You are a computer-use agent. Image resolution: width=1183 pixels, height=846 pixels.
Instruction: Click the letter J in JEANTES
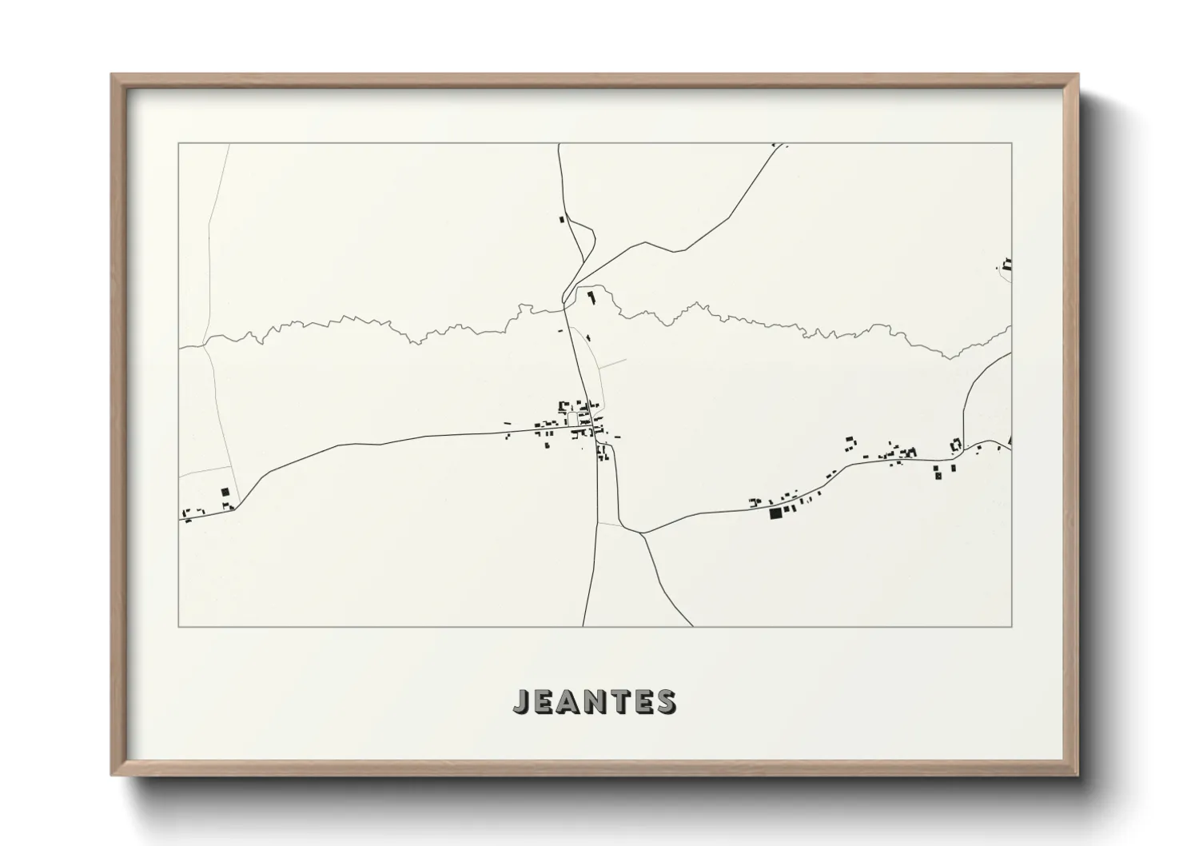[x=521, y=701]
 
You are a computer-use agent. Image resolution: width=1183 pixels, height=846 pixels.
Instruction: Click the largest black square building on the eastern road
[x=774, y=513]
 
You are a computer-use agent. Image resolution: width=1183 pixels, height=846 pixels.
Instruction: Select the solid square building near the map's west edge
[x=225, y=493]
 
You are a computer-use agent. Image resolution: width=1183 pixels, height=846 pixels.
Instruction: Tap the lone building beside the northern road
[x=561, y=218]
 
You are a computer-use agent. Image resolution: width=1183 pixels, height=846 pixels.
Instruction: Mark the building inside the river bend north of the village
[x=591, y=298]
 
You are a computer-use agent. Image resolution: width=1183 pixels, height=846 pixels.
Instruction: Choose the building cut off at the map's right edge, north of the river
[x=1007, y=263]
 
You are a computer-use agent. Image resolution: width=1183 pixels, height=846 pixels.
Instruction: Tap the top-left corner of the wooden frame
[x=113, y=75]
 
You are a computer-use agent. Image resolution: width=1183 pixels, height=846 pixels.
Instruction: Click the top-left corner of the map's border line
[x=178, y=144]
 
